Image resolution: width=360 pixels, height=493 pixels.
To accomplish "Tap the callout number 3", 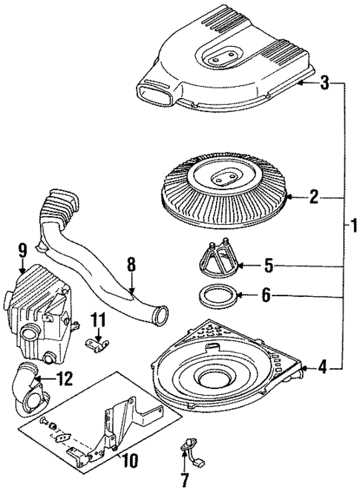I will click(x=324, y=83).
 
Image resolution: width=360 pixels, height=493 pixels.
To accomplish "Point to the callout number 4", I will click(x=321, y=365).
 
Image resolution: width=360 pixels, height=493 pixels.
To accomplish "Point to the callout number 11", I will click(x=98, y=320).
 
